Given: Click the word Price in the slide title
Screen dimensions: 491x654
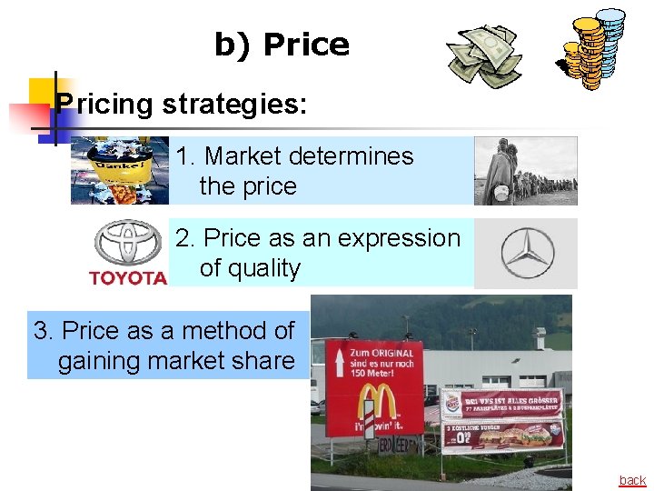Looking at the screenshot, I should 306,45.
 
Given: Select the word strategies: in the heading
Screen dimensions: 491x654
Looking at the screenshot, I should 234,104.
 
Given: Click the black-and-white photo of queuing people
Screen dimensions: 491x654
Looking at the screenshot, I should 526,171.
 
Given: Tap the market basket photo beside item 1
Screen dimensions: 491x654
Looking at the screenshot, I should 120,170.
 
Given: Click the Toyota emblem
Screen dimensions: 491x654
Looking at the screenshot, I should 128,244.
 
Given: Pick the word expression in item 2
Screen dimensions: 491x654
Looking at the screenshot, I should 404,238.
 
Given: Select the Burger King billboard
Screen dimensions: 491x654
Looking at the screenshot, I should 501,419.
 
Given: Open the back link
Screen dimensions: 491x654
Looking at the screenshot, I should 632,480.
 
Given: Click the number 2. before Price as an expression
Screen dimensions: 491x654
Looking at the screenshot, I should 185,238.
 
